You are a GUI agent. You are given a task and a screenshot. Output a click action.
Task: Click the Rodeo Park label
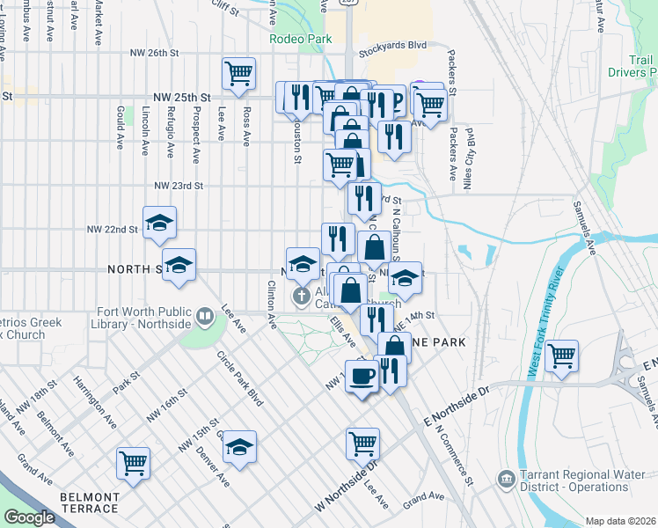(301, 39)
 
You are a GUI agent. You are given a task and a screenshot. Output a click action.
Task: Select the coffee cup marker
(362, 378)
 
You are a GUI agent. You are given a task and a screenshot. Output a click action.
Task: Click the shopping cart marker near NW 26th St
(238, 75)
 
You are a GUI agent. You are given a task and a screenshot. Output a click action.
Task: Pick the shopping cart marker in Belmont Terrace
(133, 462)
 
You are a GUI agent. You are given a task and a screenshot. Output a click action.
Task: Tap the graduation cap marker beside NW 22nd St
(159, 224)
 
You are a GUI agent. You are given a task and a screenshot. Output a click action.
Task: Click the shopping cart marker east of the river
(562, 356)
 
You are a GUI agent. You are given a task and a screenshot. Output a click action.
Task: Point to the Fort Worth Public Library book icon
(204, 314)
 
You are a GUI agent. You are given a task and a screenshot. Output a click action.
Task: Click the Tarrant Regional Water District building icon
(506, 480)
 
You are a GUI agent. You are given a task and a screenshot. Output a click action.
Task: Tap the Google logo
(29, 517)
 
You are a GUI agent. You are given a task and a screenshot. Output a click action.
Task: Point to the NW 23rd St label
(179, 186)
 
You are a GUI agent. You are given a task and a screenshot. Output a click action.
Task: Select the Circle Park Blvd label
(240, 378)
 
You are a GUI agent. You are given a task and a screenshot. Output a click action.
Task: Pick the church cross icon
(302, 296)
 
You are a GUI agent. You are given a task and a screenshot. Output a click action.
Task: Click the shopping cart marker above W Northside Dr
(362, 444)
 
